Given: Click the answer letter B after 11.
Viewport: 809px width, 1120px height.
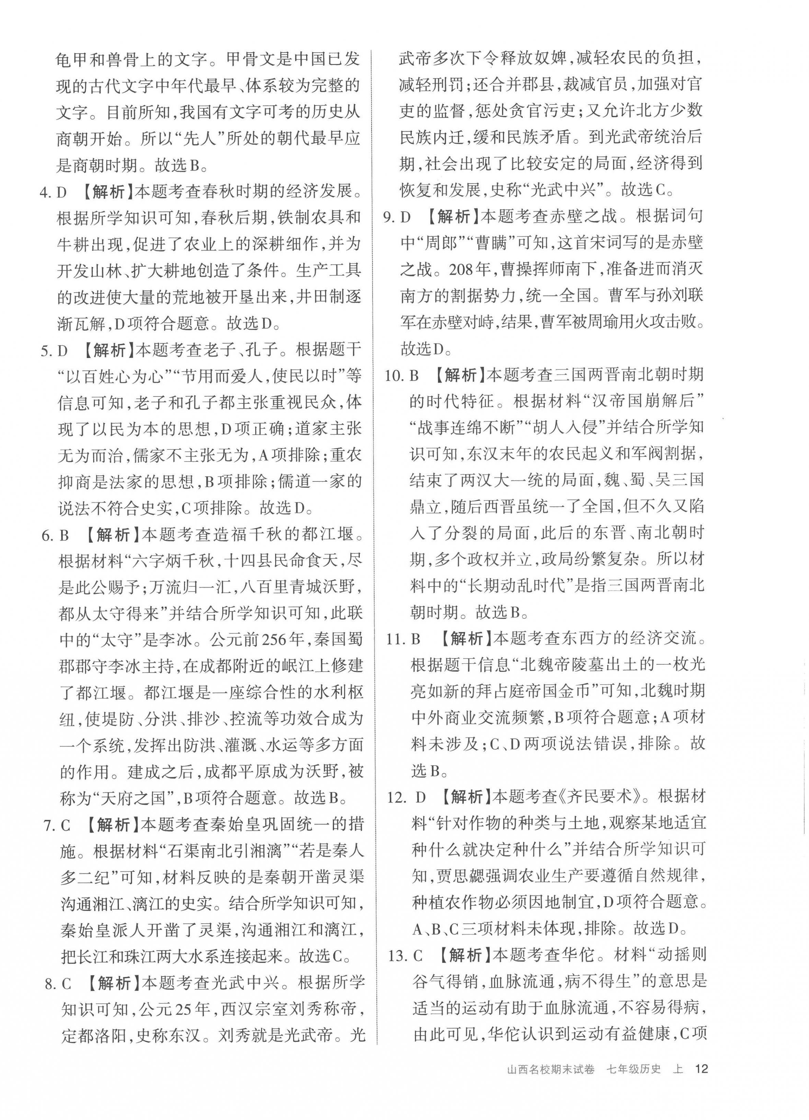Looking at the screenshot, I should coord(416,639).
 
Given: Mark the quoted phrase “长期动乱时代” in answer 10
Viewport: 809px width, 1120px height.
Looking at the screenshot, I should coord(512,586).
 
